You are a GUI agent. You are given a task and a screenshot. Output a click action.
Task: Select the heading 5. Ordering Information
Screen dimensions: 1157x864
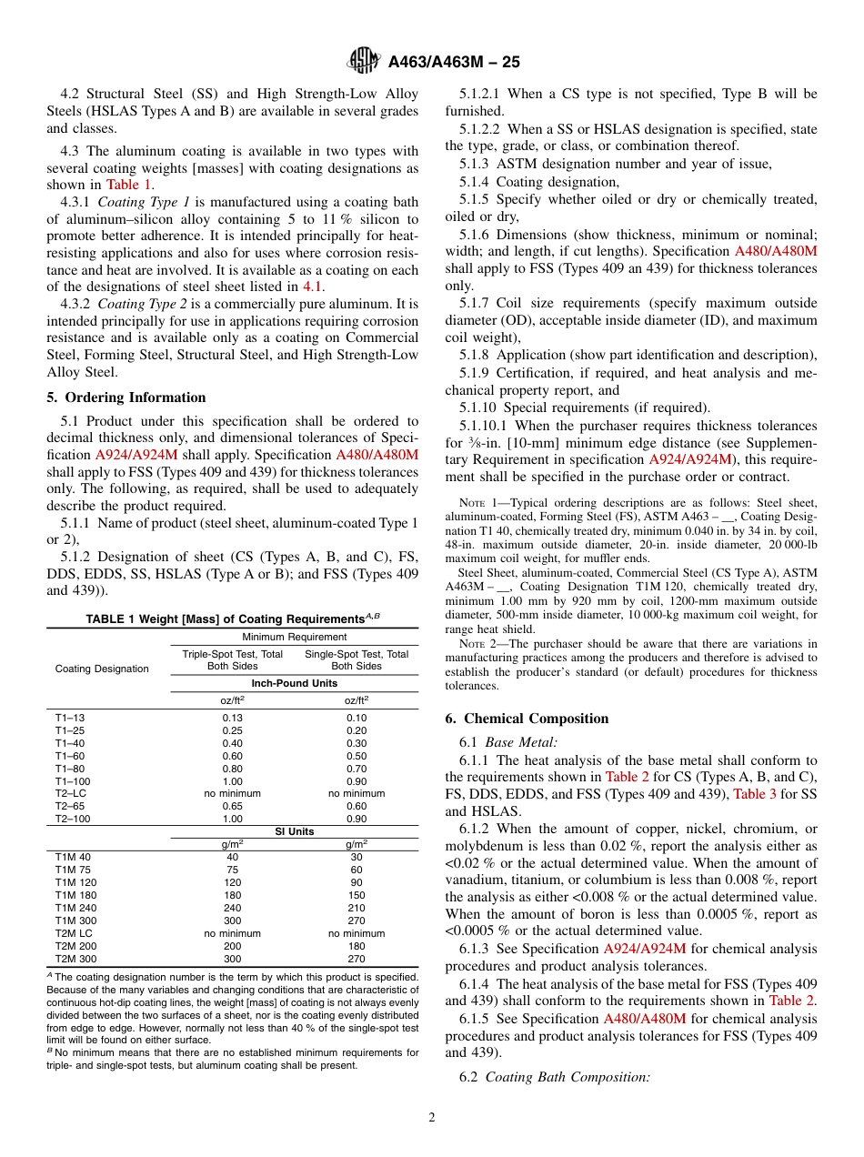coord(126,397)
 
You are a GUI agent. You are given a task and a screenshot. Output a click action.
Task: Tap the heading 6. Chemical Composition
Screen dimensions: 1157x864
coord(527,719)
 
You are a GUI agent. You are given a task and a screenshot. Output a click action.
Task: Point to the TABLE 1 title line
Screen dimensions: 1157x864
coord(232,619)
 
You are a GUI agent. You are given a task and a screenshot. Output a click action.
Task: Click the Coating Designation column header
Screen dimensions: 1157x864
coord(102,669)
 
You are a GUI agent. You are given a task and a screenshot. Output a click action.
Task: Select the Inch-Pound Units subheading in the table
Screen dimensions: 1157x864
coord(294,682)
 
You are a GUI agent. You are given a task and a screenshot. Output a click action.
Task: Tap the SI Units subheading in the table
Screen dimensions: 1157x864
coord(294,832)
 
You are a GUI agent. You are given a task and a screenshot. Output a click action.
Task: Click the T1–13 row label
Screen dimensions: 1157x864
coord(70,718)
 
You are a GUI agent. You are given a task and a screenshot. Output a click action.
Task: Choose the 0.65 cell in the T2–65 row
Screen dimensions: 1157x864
coord(232,806)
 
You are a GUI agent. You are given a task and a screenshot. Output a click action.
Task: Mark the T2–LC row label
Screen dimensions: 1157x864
coord(71,793)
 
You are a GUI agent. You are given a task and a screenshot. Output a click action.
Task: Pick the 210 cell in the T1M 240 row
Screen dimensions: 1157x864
coord(356,907)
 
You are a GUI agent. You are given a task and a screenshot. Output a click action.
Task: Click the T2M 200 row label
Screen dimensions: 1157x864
coord(75,946)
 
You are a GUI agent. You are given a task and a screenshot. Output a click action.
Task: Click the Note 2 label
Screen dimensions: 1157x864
coord(477,644)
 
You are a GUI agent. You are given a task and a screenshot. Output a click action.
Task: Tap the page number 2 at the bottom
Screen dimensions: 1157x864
coord(432,1118)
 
